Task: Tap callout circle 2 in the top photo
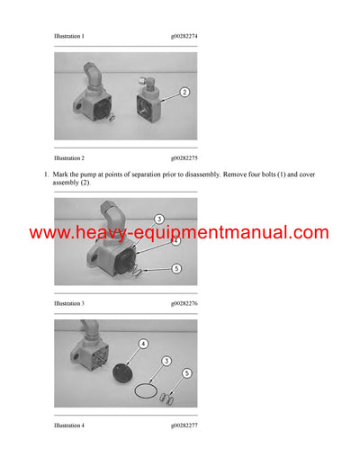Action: [184, 92]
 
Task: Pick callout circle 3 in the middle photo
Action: [157, 219]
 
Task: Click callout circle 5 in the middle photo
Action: [175, 268]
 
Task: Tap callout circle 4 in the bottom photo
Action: [142, 343]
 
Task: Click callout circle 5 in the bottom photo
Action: [186, 372]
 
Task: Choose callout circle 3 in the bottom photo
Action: [166, 360]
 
